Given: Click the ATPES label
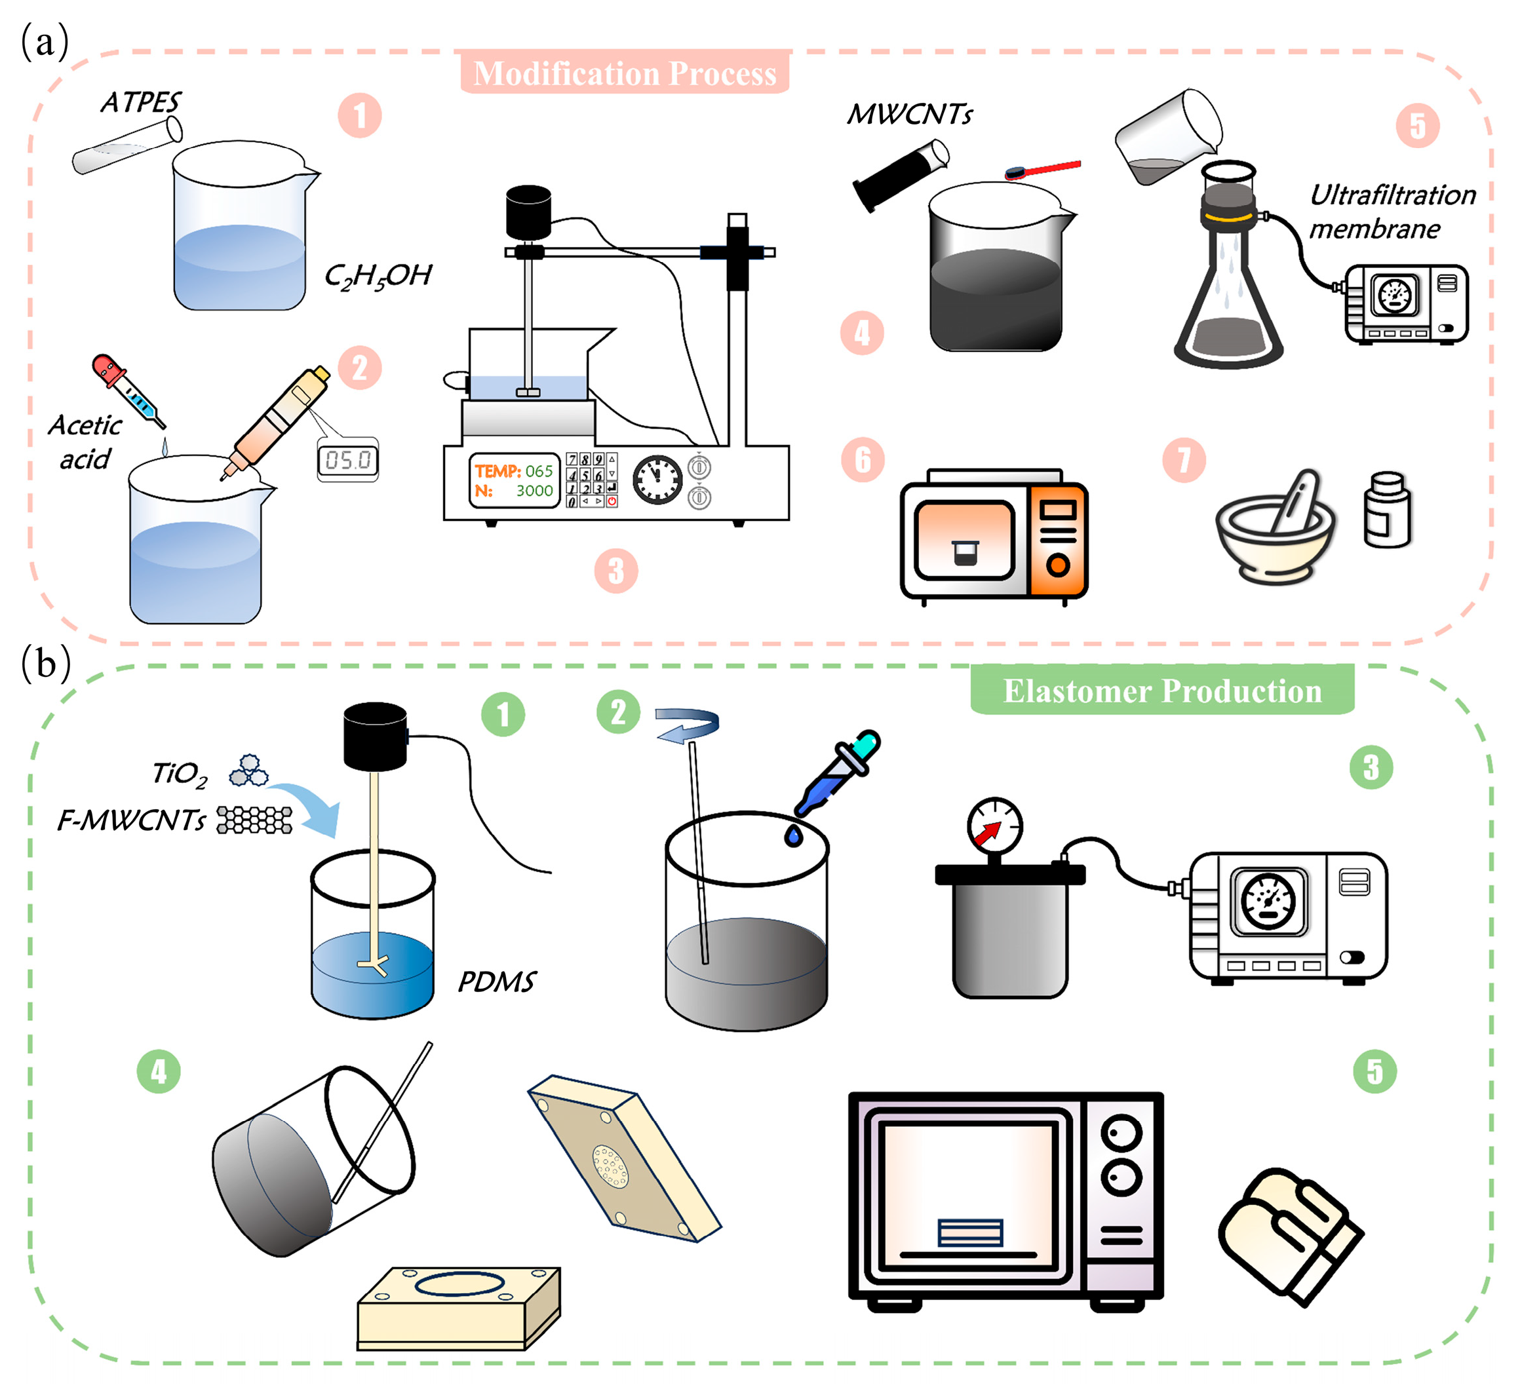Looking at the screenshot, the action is coord(141,102).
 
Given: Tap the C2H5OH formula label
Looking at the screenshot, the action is coord(378,276).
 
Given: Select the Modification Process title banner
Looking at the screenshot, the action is coord(625,73).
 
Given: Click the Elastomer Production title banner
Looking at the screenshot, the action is coord(1162,690).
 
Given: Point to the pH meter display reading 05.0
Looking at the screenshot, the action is coord(347,460).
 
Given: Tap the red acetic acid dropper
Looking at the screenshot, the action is coord(128,391).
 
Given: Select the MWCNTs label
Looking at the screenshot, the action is coord(909,115).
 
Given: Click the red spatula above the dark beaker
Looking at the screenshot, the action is coord(1043,170).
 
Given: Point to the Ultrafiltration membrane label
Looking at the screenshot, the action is coord(1392,212).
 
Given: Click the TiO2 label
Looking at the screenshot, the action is coord(180,774).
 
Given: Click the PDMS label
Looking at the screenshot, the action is coord(497,982).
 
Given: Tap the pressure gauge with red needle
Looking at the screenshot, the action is coord(994,827).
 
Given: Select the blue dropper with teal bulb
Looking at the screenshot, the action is coord(837,774).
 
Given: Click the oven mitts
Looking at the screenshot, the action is coord(1290,1236).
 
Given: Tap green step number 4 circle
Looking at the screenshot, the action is coord(159,1071).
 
